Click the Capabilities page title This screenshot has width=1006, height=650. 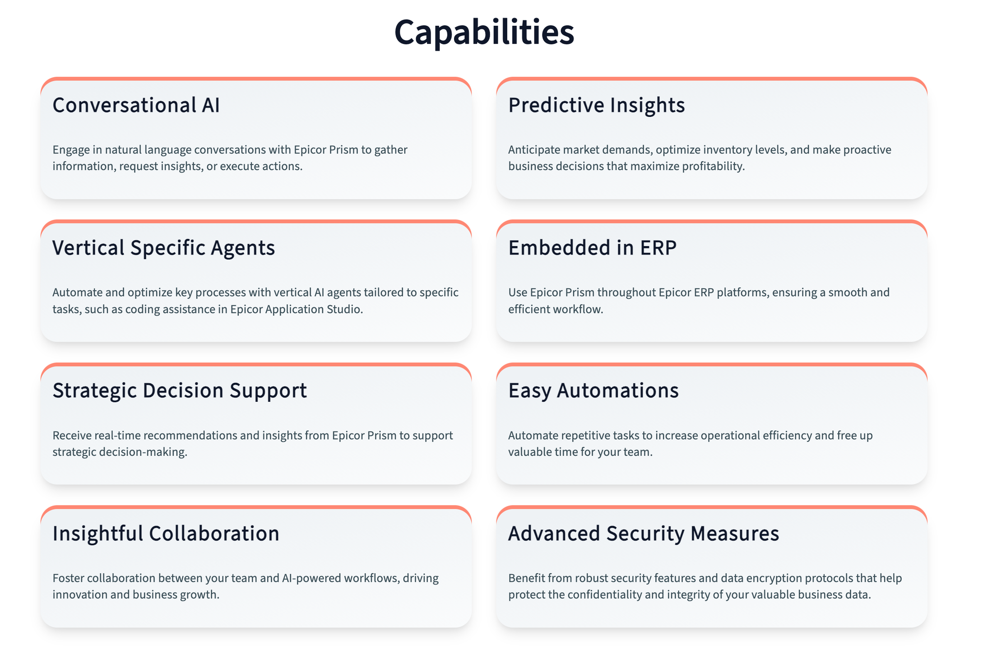(484, 32)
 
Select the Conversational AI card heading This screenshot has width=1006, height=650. (136, 105)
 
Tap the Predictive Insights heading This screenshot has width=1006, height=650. (596, 106)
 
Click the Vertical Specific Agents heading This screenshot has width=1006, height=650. (163, 248)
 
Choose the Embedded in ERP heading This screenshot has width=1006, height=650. (592, 248)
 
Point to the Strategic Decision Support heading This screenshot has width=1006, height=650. (180, 391)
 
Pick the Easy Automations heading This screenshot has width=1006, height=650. (593, 391)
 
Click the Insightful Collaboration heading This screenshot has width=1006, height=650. (166, 534)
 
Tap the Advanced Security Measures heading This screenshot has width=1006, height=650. (644, 534)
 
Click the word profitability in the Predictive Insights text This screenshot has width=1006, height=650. (713, 167)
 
